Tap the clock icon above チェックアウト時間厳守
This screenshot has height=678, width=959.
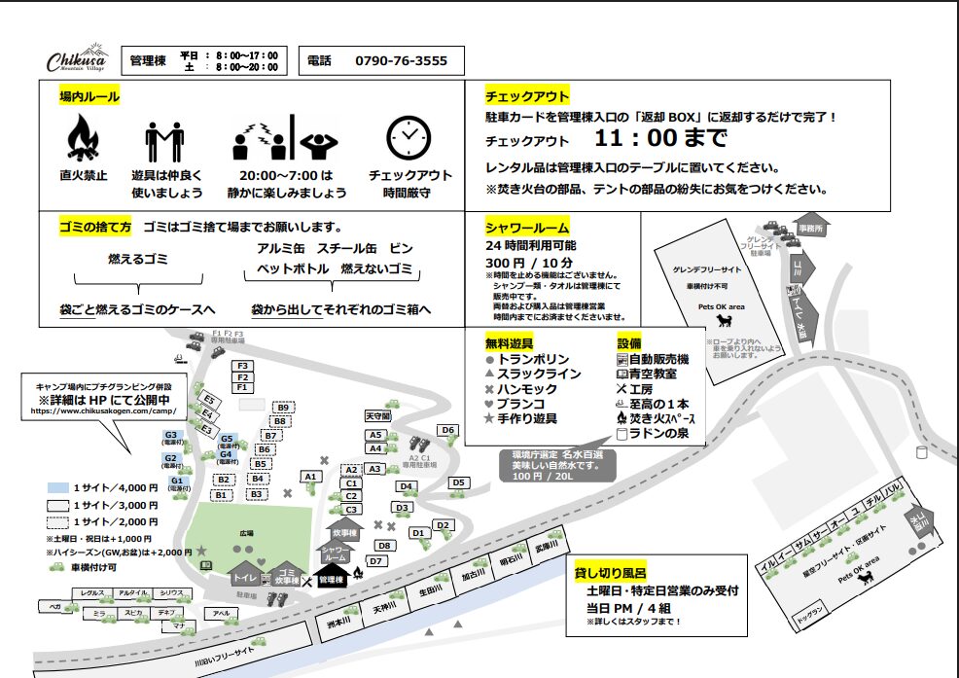click(409, 138)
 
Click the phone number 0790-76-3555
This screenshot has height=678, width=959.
click(402, 61)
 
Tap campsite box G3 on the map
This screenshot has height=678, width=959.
click(170, 436)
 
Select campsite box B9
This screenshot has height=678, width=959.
click(283, 408)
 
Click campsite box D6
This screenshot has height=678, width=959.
click(447, 430)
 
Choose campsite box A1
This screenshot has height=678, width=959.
click(310, 477)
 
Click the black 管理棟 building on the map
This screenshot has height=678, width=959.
click(333, 580)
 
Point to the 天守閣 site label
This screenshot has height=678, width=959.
click(376, 415)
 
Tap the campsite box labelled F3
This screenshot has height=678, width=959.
click(243, 366)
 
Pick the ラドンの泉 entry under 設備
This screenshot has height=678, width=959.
click(658, 432)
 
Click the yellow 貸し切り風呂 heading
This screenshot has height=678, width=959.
click(611, 572)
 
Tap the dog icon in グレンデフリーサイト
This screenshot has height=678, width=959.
click(724, 320)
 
